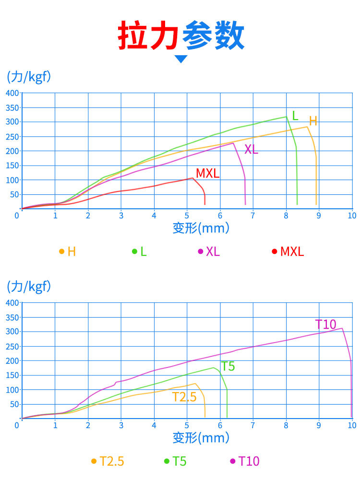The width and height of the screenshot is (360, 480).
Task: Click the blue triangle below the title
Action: pos(181,59)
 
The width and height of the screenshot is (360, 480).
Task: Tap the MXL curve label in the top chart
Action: pos(207,173)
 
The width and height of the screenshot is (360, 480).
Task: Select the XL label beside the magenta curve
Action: pos(251,149)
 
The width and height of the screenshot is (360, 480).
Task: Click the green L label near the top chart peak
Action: pos(295,116)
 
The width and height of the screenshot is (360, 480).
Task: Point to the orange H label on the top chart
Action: pos(313,121)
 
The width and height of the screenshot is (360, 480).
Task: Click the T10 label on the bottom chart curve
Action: pos(326,324)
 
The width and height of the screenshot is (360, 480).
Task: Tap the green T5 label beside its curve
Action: pos(228,366)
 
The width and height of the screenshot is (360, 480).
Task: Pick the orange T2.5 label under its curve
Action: pos(184,397)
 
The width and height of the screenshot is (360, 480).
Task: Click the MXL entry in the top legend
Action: pos(292,251)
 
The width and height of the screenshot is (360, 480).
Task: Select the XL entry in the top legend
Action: pos(213,251)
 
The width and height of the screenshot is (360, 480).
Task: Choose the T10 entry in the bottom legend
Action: pos(249,461)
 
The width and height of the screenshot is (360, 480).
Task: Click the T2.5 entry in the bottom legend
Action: pos(112,461)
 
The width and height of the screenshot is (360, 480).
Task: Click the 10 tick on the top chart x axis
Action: pos(352,216)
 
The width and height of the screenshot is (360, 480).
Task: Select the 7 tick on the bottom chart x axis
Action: pos(253,425)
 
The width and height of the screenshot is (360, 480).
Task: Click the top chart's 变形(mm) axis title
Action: pos(201,228)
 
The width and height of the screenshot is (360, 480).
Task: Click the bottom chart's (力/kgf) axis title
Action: pos(29,287)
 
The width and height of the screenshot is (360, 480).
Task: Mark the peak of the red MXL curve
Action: pos(192,178)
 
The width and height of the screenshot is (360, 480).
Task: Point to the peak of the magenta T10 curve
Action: pos(342,328)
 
